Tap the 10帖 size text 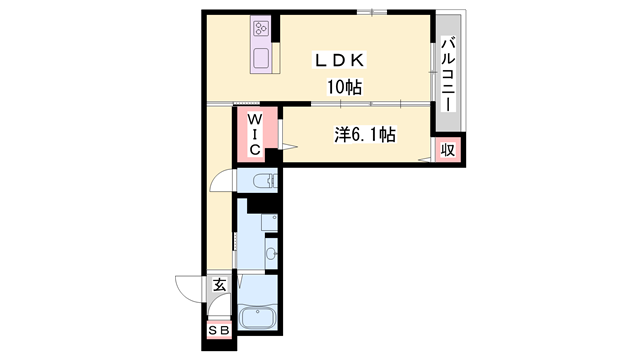[342, 88]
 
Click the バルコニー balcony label [448, 75]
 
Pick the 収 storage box [449, 150]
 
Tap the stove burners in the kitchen [262, 29]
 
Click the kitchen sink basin [262, 56]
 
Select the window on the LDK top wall [371, 13]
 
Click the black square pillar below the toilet [263, 205]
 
